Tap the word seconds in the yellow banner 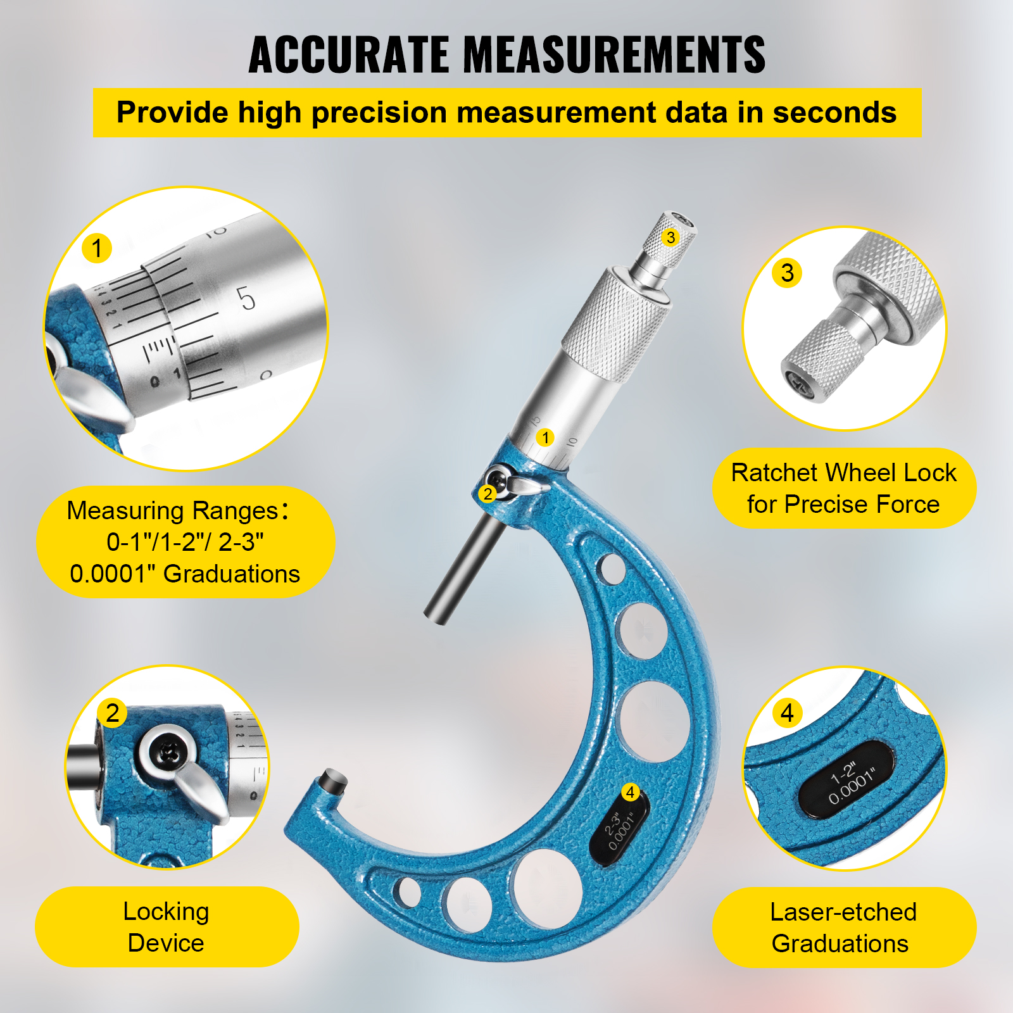834,113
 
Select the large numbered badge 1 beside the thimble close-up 97,248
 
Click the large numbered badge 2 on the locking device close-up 113,713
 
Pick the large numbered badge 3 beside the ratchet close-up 787,273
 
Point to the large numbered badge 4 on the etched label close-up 787,713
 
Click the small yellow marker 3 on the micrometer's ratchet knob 670,237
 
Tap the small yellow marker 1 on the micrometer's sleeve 545,437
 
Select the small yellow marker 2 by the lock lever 488,494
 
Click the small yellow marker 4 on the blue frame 630,792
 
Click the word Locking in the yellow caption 166,912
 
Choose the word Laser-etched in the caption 843,912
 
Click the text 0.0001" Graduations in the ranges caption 185,574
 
